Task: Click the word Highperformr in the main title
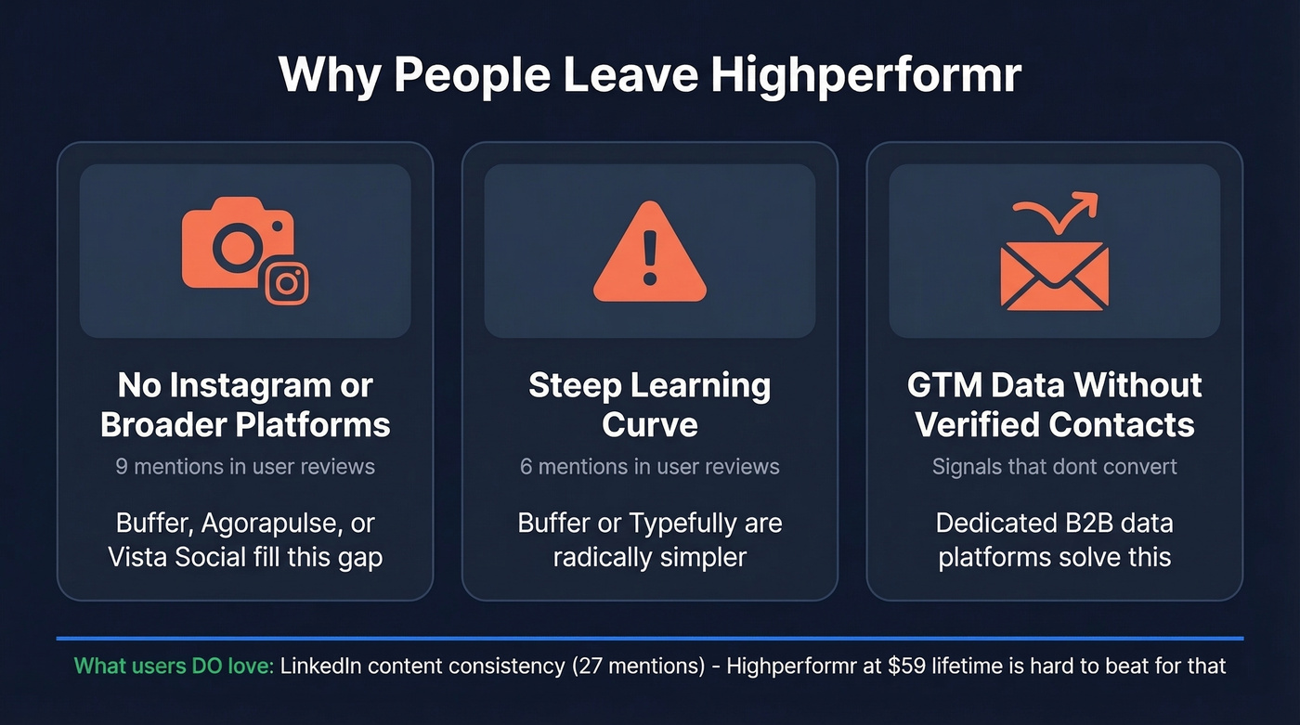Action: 865,74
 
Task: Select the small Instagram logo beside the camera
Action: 287,282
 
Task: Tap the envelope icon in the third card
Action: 1054,276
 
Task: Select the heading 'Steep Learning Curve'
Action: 650,405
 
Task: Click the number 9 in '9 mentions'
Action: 122,466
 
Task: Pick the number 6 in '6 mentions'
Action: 526,466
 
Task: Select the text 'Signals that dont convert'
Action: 1054,466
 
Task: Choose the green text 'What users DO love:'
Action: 174,666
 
